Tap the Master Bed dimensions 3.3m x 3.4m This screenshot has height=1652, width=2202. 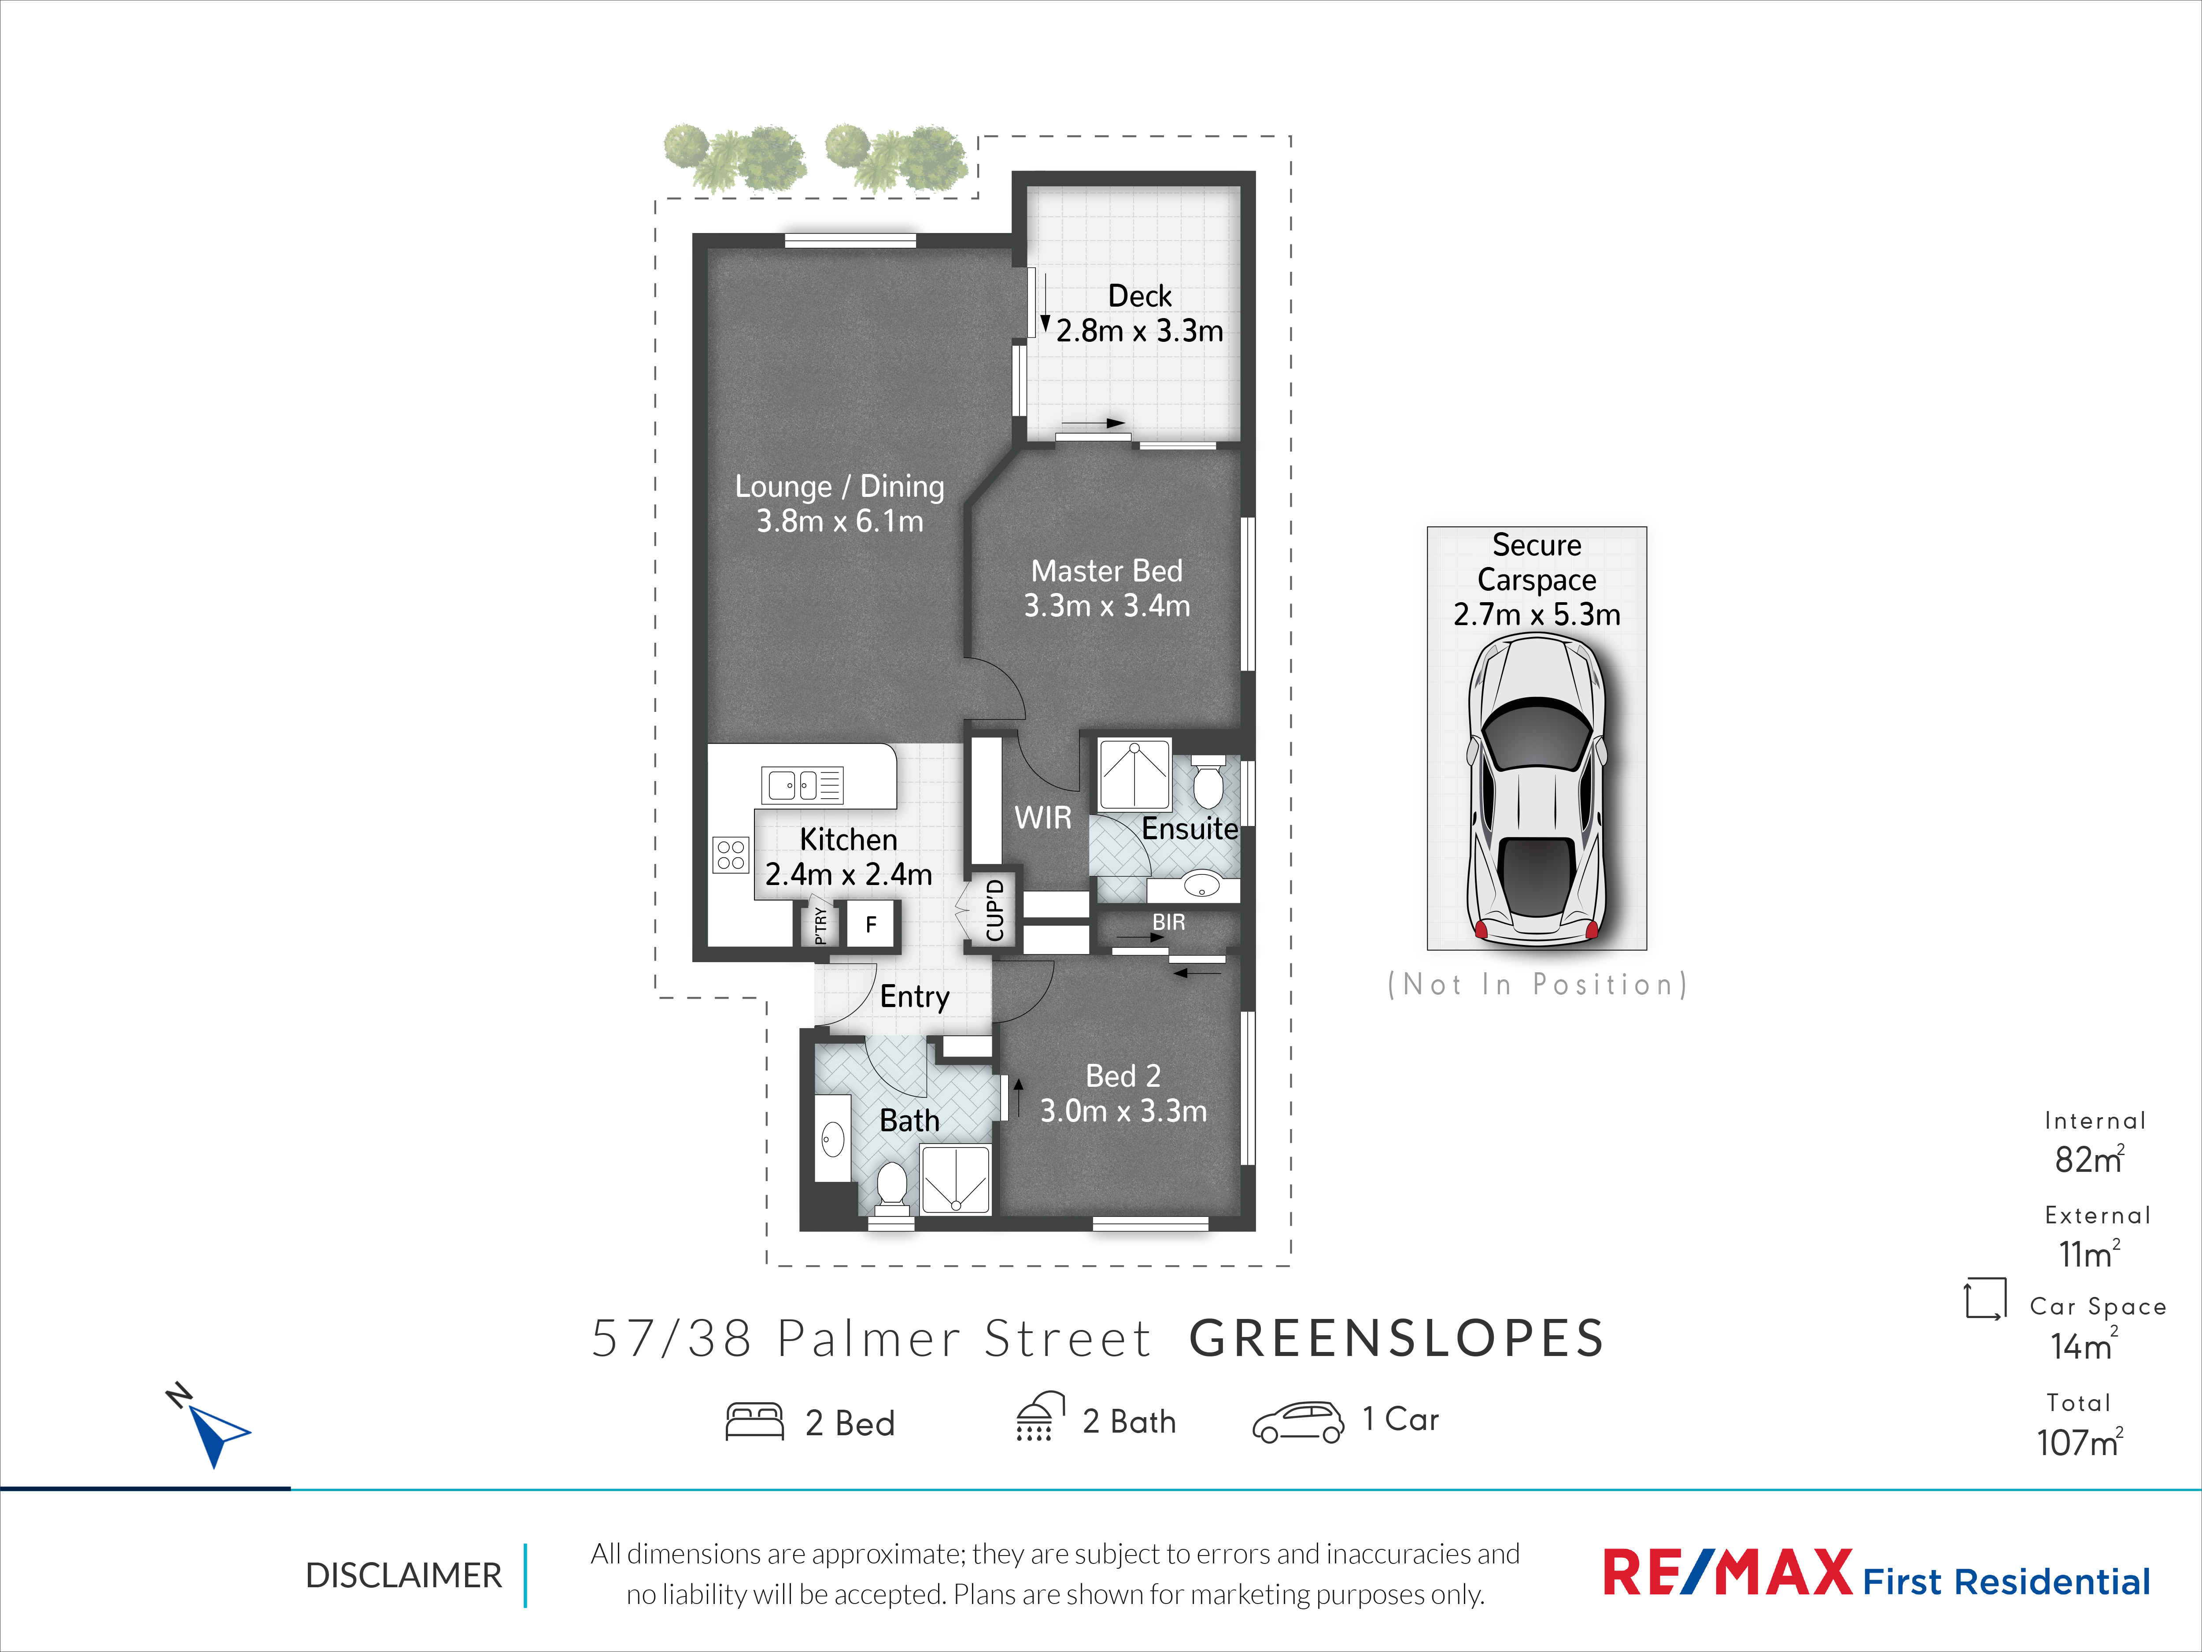(1107, 605)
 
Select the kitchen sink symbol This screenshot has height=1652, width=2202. (802, 785)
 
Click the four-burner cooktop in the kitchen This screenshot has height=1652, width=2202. (731, 854)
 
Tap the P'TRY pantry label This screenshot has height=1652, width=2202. (820, 925)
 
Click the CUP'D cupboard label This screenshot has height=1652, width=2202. (994, 910)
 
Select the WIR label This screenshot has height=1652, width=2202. (1043, 818)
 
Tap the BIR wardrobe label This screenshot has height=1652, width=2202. (1169, 922)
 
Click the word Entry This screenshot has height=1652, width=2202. (915, 997)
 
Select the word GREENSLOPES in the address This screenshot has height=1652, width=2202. (1397, 1338)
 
